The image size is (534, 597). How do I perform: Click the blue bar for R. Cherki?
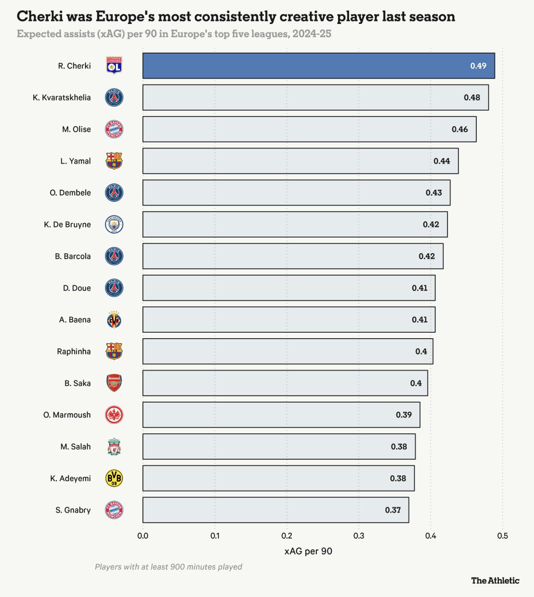point(318,66)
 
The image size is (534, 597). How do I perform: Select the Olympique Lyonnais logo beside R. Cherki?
point(114,66)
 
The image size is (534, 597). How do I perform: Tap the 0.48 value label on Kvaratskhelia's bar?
point(472,97)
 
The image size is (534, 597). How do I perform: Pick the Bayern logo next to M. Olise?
point(114,129)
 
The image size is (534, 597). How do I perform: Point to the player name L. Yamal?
point(75,161)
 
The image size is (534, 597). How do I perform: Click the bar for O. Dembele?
point(296,192)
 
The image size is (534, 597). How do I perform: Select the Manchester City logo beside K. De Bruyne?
point(114,224)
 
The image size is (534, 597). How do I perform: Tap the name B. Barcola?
point(73,256)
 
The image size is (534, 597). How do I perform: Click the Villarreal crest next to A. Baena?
point(114,320)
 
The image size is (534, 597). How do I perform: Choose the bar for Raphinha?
point(287,351)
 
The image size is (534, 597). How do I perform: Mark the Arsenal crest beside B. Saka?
point(114,383)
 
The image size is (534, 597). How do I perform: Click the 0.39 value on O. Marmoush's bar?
point(404,415)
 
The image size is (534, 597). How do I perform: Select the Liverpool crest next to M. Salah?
point(114,447)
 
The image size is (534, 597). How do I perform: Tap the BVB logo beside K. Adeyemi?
point(114,478)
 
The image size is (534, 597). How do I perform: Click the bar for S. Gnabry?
point(276,510)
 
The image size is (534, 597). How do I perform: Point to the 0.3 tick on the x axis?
point(358,536)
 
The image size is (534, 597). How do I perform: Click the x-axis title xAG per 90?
point(308,551)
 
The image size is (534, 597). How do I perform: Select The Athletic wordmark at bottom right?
point(495,581)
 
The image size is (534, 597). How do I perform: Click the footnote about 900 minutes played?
point(168,567)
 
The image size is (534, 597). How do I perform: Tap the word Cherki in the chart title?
point(40,16)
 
